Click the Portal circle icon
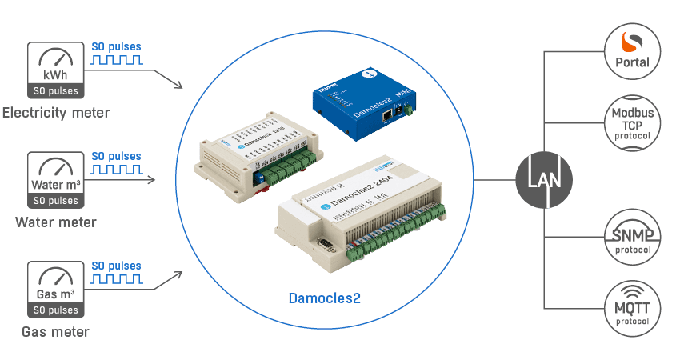tap(632, 53)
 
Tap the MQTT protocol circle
tap(632, 307)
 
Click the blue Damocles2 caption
tap(325, 298)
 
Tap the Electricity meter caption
tap(55, 113)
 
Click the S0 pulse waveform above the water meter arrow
tap(117, 169)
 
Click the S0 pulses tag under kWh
tap(55, 90)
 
